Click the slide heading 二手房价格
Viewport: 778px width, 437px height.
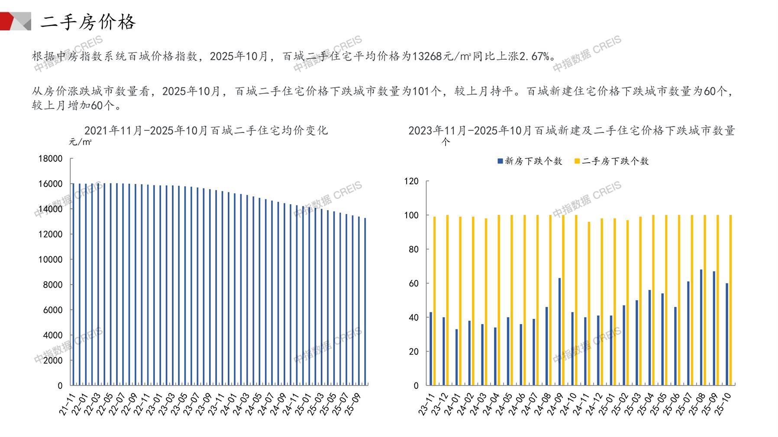coord(88,22)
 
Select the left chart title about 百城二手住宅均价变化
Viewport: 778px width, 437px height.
coord(206,130)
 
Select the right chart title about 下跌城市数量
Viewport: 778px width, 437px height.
coord(571,130)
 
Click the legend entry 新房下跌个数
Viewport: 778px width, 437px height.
coord(530,161)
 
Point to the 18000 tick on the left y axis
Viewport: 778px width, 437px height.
coord(51,159)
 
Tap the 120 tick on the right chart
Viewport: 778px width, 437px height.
coord(411,181)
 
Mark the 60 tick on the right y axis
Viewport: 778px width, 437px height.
coord(413,283)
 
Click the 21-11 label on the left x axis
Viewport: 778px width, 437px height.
coord(67,405)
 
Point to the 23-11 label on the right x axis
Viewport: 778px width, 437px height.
coord(426,405)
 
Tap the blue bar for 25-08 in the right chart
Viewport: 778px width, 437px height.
coord(701,327)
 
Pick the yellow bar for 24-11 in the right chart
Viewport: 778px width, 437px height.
coord(589,303)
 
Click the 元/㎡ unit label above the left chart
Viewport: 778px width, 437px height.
coord(80,142)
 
